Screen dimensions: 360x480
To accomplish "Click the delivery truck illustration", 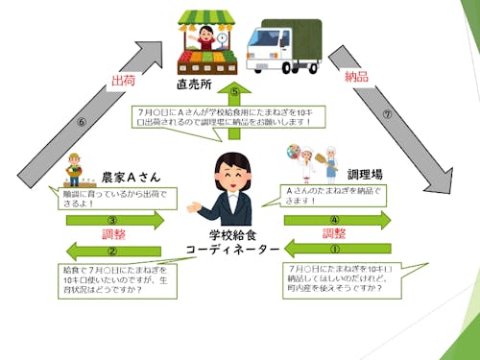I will click(x=282, y=45).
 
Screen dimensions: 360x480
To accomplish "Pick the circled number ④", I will click(x=335, y=218).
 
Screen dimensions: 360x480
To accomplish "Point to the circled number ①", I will click(x=335, y=248).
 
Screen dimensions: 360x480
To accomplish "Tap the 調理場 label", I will click(x=364, y=175).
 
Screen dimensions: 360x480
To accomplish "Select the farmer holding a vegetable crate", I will click(x=74, y=171).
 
